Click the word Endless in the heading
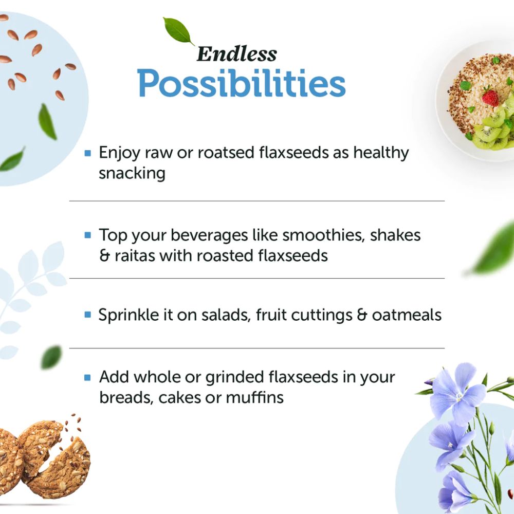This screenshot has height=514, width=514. click(236, 54)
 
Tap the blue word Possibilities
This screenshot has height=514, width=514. click(241, 83)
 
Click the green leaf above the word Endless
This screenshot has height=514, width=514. click(178, 30)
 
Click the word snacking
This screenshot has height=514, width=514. click(132, 173)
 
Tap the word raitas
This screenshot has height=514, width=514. click(135, 255)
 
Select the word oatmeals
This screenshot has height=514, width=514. click(407, 315)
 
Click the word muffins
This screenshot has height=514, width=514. click(254, 397)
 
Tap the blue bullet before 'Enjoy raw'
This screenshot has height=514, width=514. click(87, 153)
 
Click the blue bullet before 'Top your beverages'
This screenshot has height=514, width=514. click(87, 235)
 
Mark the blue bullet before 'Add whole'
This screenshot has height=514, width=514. click(87, 377)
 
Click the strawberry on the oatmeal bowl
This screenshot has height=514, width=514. click(490, 97)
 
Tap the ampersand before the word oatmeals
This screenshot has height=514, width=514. click(362, 315)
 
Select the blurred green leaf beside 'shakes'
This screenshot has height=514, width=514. click(492, 248)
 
